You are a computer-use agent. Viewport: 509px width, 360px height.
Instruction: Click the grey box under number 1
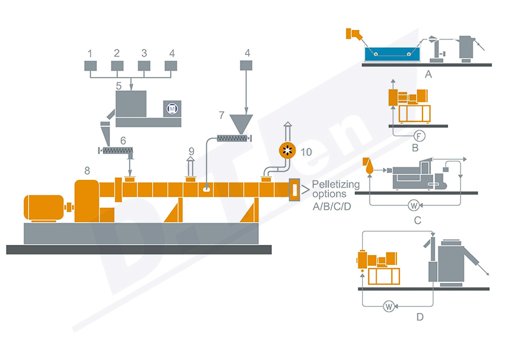(90, 65)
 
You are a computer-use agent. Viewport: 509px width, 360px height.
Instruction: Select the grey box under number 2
(117, 65)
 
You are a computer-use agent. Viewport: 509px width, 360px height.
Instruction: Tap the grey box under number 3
(144, 65)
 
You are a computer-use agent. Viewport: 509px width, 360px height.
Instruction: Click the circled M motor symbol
(171, 109)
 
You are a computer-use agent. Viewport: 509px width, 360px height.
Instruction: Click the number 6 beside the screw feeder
(123, 139)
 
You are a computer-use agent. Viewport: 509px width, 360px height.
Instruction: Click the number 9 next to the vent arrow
(191, 151)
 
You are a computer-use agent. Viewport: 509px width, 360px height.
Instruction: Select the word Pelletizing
(337, 185)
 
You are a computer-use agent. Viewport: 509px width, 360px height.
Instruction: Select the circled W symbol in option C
(413, 205)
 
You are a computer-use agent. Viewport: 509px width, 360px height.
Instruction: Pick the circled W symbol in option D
(389, 306)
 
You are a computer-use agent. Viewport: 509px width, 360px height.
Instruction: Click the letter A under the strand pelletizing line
(428, 74)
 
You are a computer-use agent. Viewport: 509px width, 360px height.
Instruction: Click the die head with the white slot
(295, 190)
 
